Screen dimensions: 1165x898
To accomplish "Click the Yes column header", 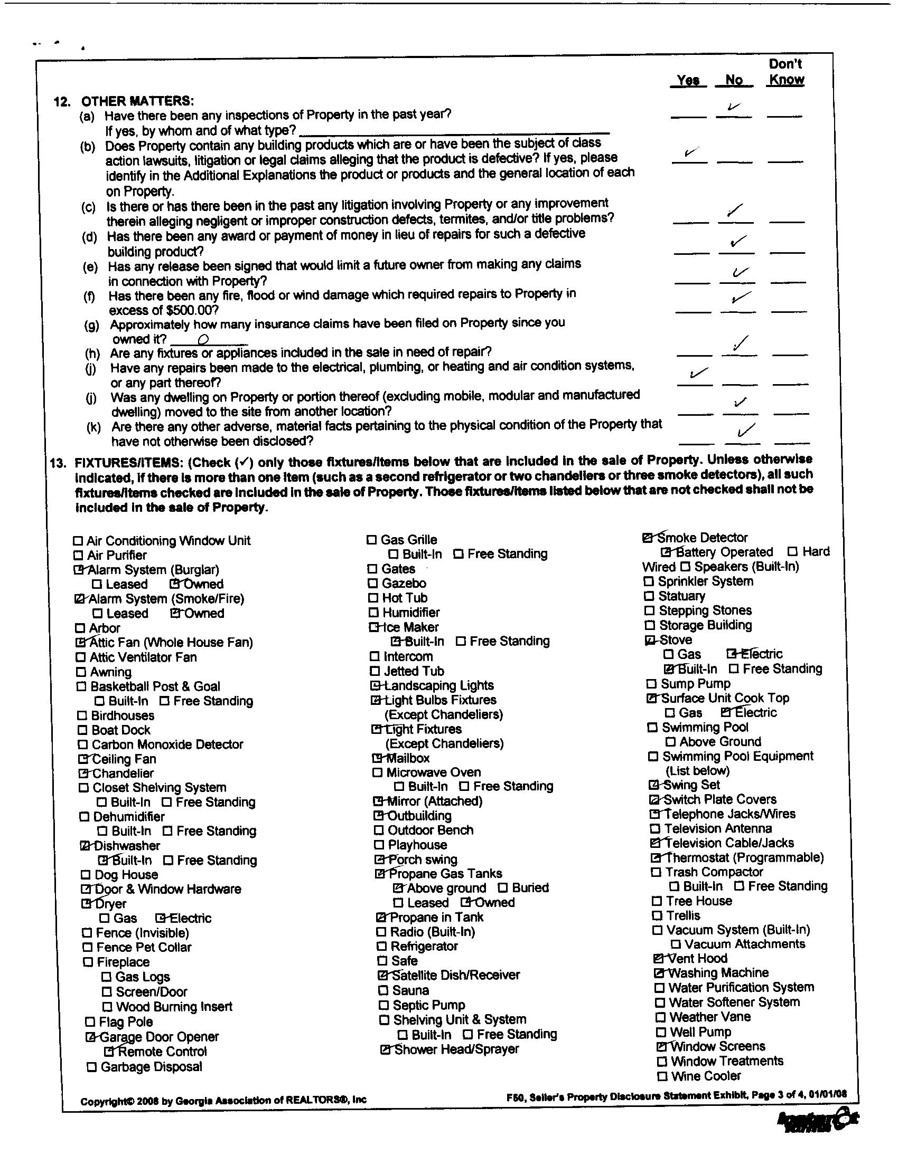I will [x=688, y=80].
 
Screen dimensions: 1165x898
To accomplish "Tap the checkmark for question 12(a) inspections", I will [x=734, y=108].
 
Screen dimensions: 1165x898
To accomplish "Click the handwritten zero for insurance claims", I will [x=203, y=339].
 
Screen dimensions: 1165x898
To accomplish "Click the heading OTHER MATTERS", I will [x=137, y=101].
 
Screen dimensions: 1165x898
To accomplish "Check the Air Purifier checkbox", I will [x=78, y=555].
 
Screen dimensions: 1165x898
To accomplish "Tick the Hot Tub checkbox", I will [x=373, y=598].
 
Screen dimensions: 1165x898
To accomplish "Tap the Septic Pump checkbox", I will [x=383, y=1005].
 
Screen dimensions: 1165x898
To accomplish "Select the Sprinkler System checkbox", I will [x=649, y=581].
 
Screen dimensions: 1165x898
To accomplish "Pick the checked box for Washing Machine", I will [x=659, y=973].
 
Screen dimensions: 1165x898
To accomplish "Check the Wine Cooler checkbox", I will [x=662, y=1076].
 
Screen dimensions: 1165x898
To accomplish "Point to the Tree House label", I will [x=699, y=901].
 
